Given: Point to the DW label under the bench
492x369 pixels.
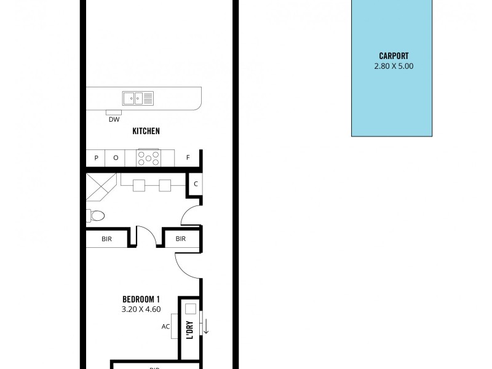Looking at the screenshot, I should coord(114,120).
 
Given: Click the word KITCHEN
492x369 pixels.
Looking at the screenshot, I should coord(146,131).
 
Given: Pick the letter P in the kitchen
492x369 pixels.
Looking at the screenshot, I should coord(96,158).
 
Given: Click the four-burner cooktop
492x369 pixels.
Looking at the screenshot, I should coord(148,158).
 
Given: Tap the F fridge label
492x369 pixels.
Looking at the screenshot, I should coord(188,158).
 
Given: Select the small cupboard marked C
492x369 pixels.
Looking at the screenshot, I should coord(195,184).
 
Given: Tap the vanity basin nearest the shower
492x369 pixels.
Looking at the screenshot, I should coord(139,184).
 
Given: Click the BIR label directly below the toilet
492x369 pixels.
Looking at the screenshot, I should coord(107,239).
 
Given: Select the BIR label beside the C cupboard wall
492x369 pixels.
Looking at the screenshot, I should coord(181,239).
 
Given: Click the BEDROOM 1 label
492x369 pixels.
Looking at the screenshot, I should coord(141,300).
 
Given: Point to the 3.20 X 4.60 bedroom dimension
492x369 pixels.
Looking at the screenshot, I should coord(141,309).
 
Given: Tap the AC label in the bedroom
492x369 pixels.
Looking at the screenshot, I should coord(165,327).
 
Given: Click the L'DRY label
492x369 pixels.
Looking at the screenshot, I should coord(190,331).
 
